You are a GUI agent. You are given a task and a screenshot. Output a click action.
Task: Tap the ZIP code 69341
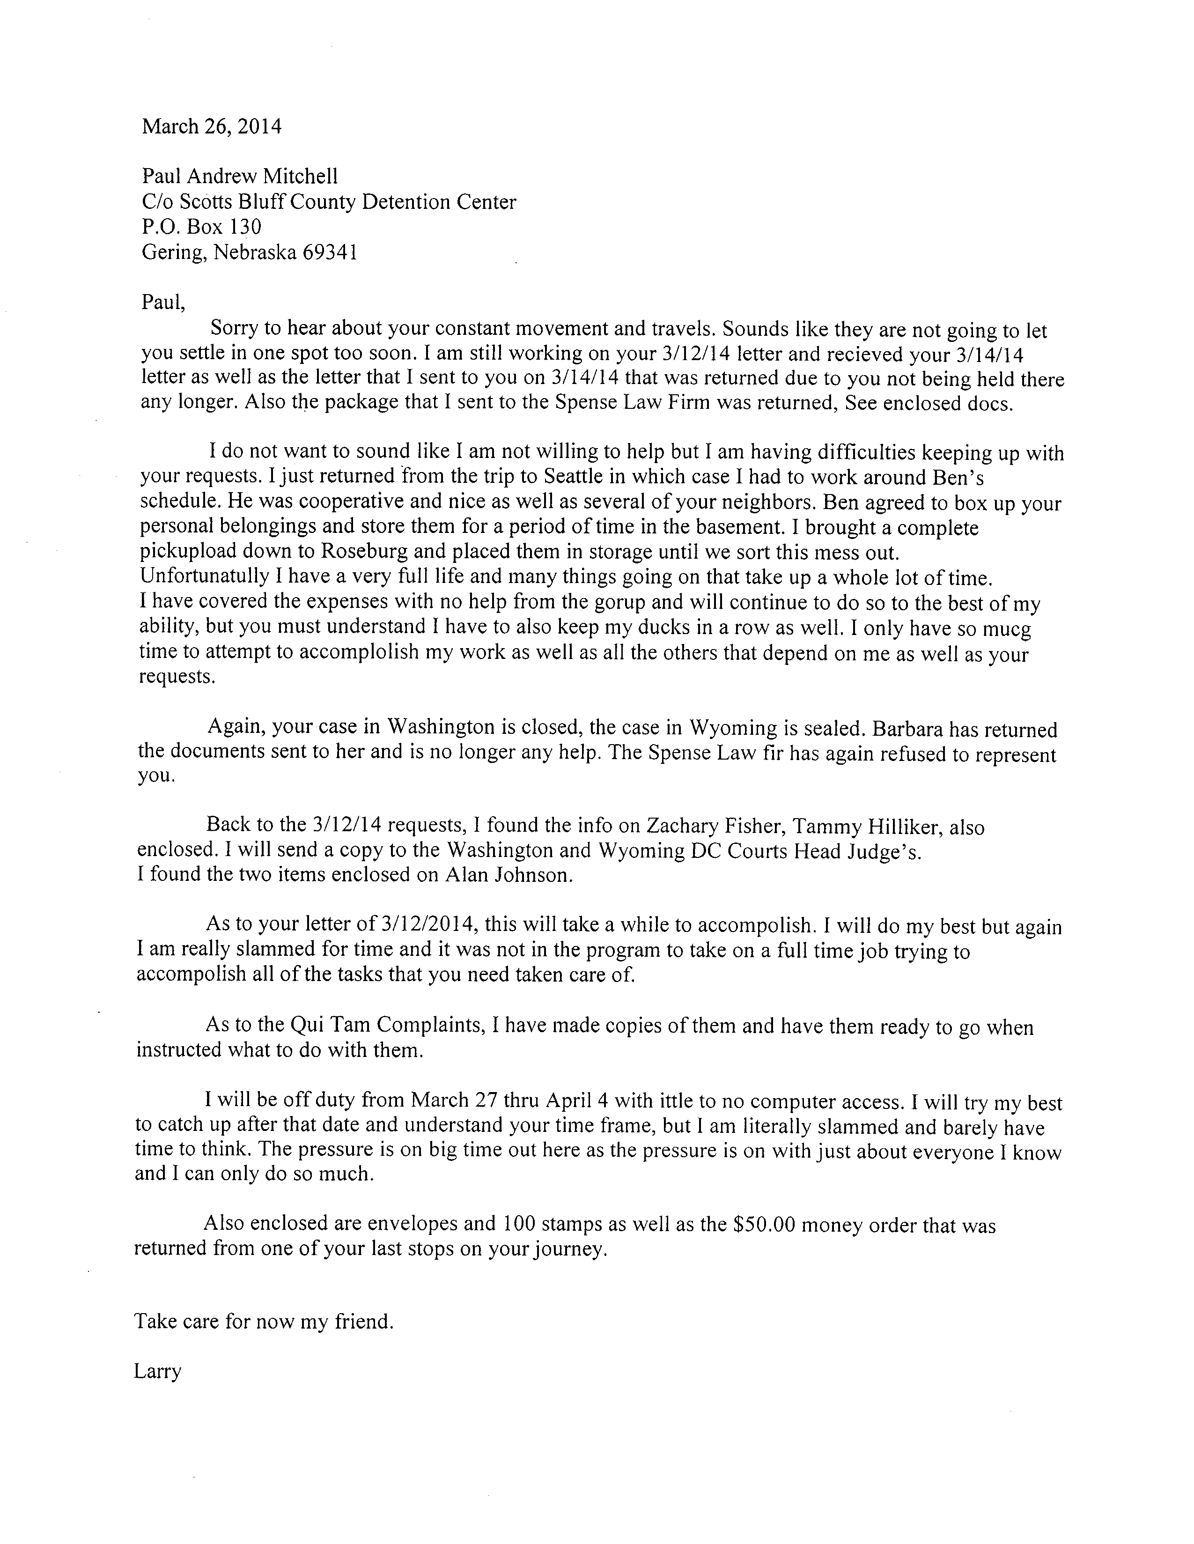[330, 252]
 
